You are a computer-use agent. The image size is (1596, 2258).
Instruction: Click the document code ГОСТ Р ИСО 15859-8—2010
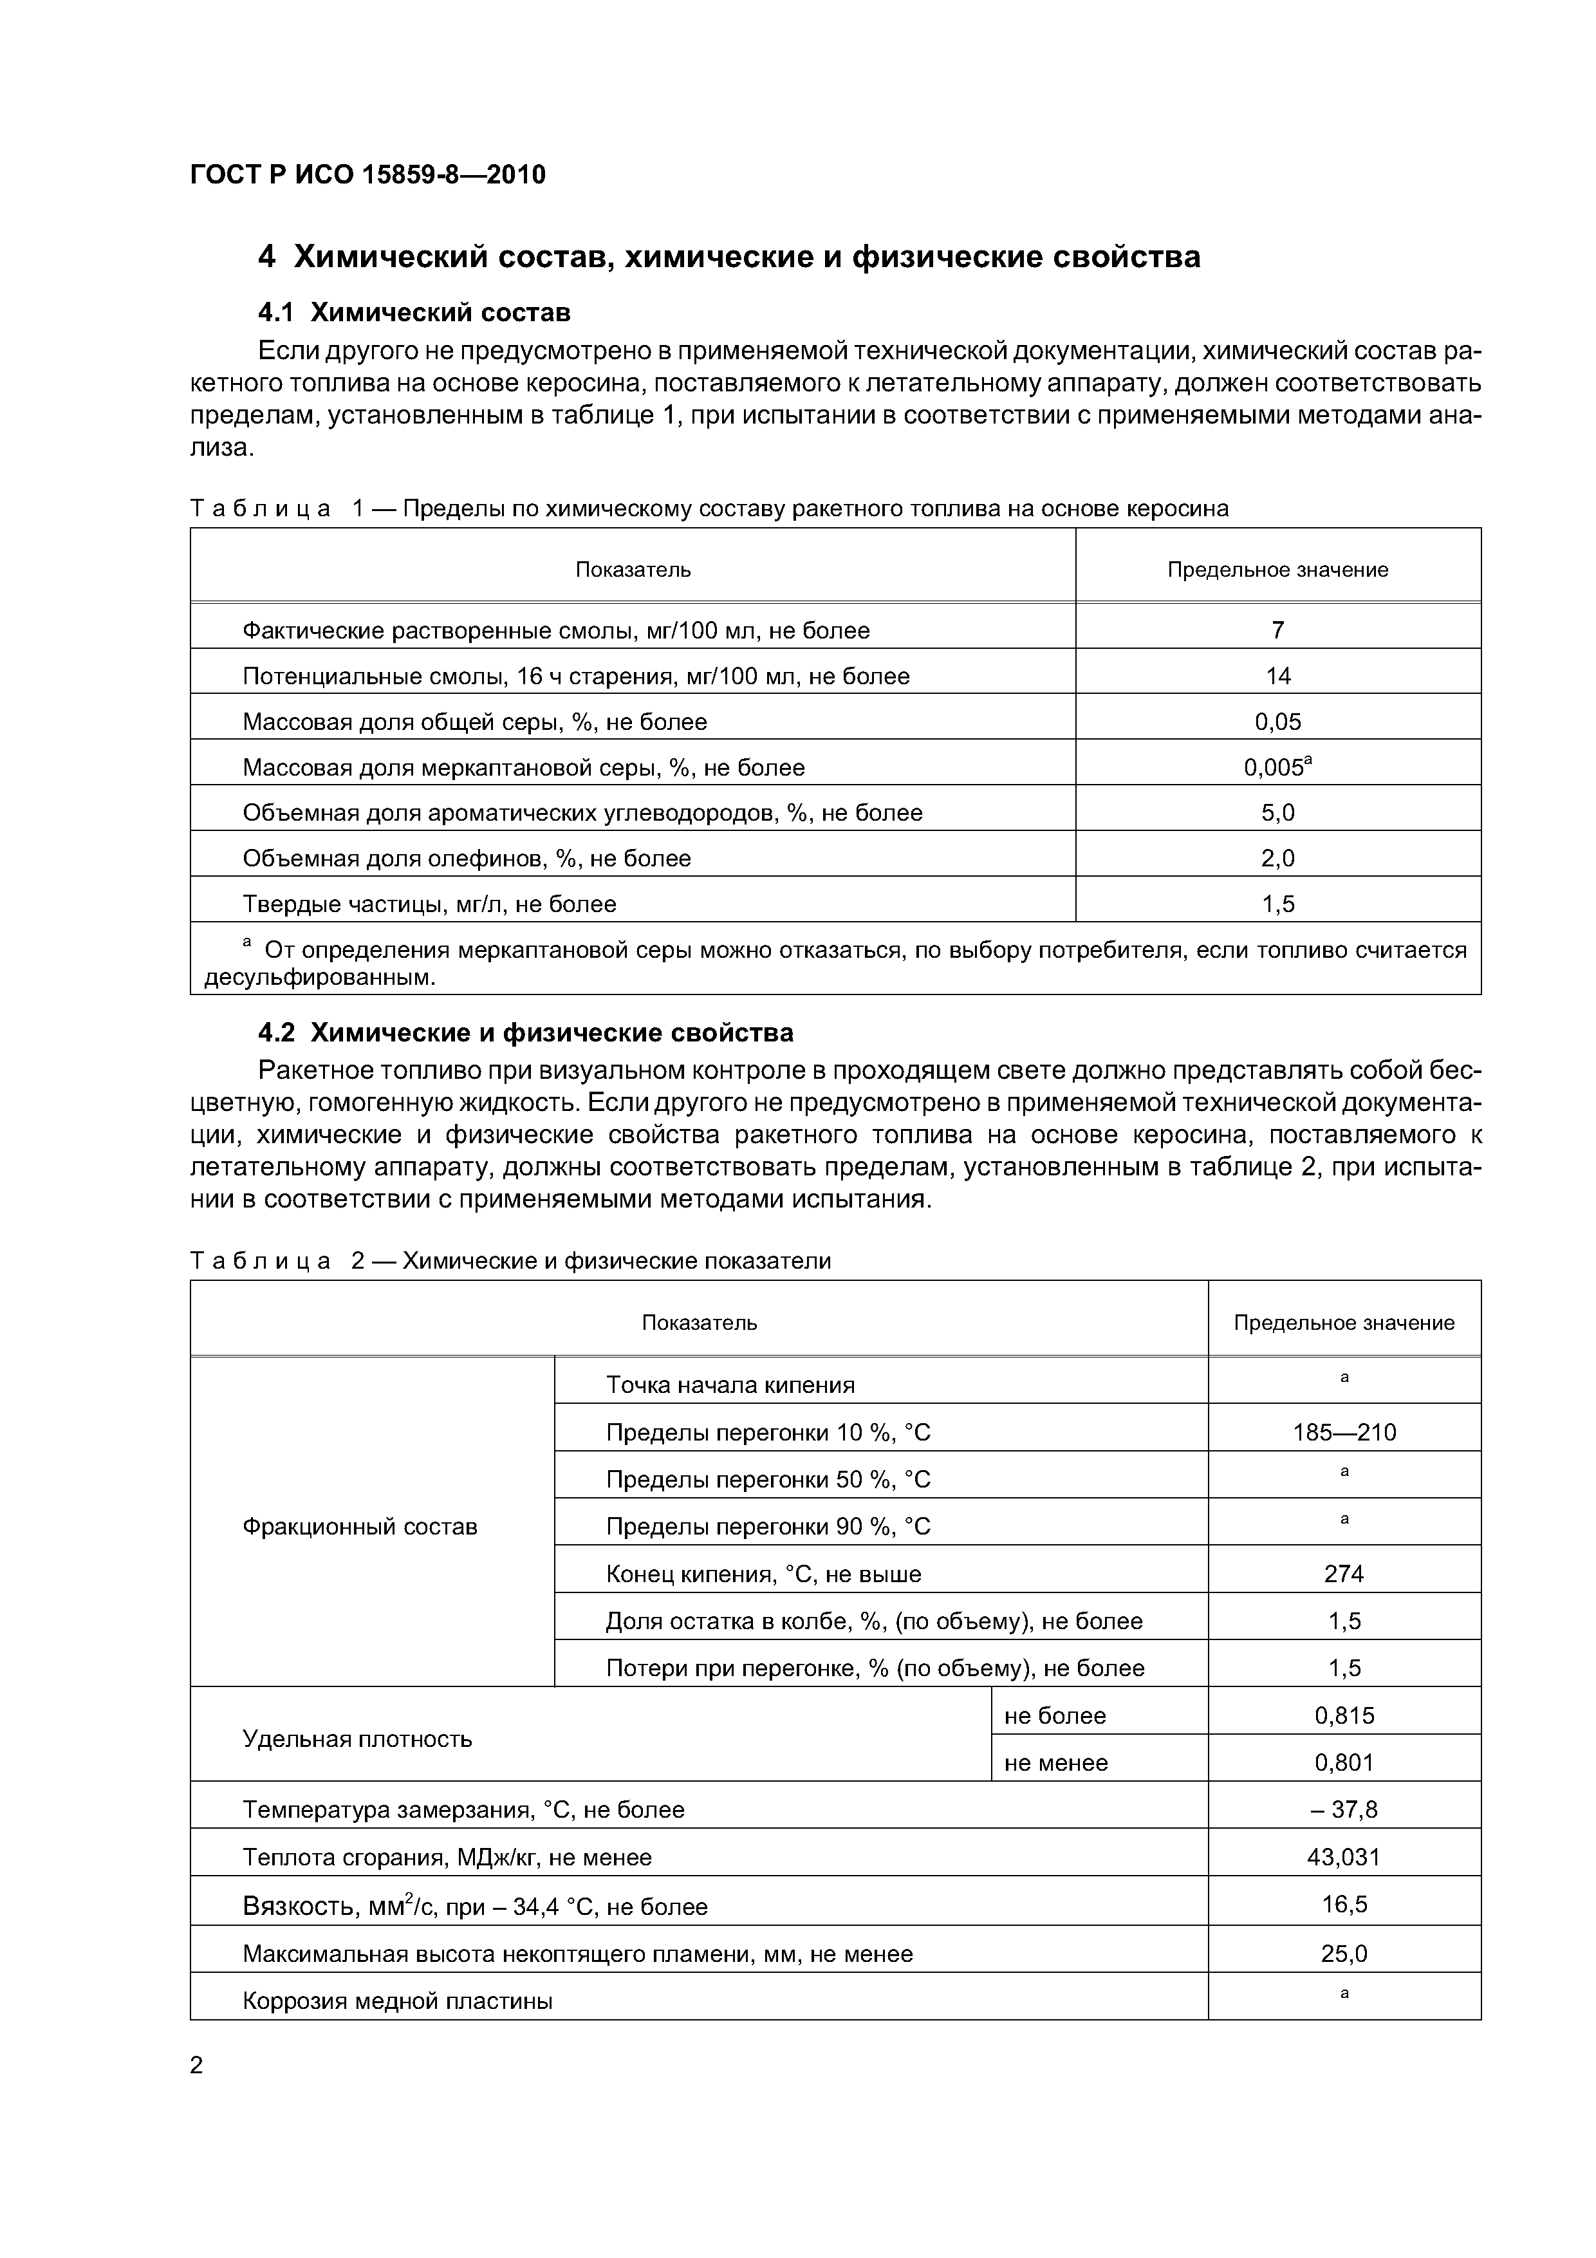(367, 176)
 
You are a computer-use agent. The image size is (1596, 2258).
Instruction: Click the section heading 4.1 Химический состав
(413, 313)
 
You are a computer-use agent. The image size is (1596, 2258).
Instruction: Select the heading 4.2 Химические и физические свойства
(525, 1032)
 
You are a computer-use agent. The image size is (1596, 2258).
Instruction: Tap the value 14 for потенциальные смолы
(1277, 676)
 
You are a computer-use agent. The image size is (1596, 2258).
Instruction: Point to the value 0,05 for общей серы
(1277, 722)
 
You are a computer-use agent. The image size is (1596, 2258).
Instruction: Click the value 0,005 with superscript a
(1277, 767)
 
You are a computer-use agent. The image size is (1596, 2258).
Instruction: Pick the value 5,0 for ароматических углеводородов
(1277, 812)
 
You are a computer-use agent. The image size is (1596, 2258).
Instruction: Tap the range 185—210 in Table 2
(1343, 1432)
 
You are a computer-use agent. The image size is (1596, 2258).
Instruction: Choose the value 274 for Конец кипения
(1343, 1574)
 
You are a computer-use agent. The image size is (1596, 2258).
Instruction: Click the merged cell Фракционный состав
(360, 1526)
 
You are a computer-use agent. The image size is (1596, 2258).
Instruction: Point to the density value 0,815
(1343, 1715)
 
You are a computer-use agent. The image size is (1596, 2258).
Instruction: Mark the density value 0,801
(1343, 1762)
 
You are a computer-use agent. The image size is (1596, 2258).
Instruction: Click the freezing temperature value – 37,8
(1343, 1809)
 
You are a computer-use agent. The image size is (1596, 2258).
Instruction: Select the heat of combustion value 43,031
(1343, 1857)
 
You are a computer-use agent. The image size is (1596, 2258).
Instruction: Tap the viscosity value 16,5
(1343, 1904)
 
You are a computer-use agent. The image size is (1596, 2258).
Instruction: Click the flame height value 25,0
(1343, 1953)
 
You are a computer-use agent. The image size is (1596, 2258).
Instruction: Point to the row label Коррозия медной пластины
(397, 2001)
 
